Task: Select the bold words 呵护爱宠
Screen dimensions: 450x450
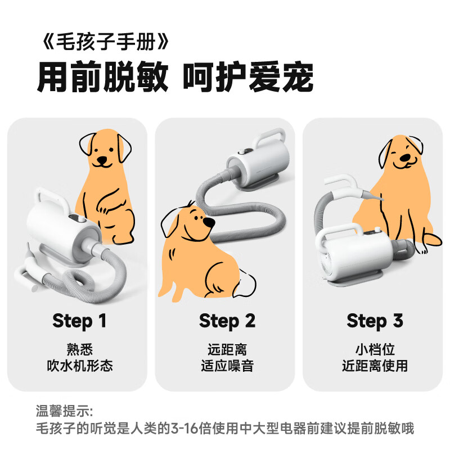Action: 248,78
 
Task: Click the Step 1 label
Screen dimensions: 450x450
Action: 79,321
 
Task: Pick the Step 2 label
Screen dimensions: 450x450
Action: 227,321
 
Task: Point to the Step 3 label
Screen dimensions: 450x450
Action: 375,321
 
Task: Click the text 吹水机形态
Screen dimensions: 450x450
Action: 79,366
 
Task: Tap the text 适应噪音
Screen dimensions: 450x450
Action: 227,366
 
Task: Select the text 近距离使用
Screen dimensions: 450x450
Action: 375,366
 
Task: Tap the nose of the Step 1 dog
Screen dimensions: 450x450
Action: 101,159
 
